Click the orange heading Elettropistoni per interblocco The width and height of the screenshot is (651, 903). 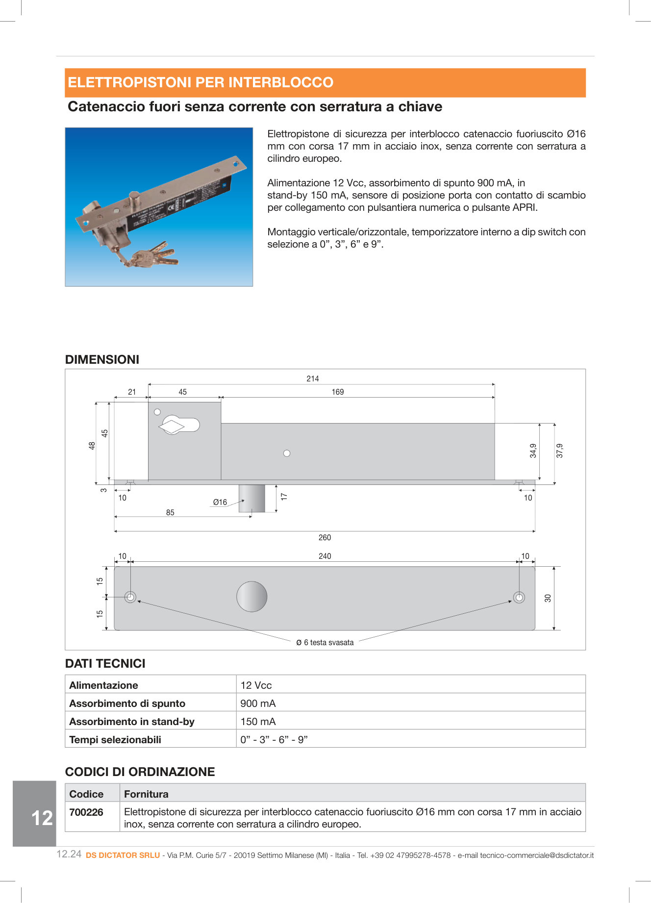[x=200, y=82]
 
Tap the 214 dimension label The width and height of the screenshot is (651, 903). [x=313, y=378]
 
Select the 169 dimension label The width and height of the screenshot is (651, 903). [x=338, y=392]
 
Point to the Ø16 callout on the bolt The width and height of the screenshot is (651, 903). [x=220, y=502]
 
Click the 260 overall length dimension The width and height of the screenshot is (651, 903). [x=325, y=537]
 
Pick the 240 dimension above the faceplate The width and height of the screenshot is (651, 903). [x=325, y=556]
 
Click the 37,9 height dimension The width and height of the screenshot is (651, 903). [x=560, y=451]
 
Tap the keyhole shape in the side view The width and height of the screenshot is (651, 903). [x=178, y=425]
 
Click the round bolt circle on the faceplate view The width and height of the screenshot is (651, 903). [x=251, y=597]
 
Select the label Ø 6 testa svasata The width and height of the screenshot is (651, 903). [x=325, y=642]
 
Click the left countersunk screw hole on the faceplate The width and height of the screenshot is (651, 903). [x=130, y=597]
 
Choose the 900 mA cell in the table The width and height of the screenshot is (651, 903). [x=258, y=703]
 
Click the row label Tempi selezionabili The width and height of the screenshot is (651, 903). [x=115, y=739]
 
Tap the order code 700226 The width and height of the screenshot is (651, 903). [x=86, y=812]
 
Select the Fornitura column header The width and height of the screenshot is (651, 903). [x=146, y=794]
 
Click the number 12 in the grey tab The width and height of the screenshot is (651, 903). [x=42, y=818]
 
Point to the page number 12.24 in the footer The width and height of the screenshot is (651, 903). [x=69, y=854]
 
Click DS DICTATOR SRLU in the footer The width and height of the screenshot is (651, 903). [x=123, y=855]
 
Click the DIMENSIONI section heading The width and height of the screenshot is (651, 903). [x=102, y=359]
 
